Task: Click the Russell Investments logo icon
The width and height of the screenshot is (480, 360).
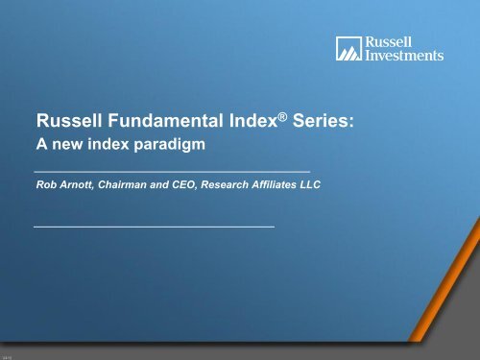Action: [348, 49]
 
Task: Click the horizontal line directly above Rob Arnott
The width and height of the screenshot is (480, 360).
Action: [172, 171]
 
